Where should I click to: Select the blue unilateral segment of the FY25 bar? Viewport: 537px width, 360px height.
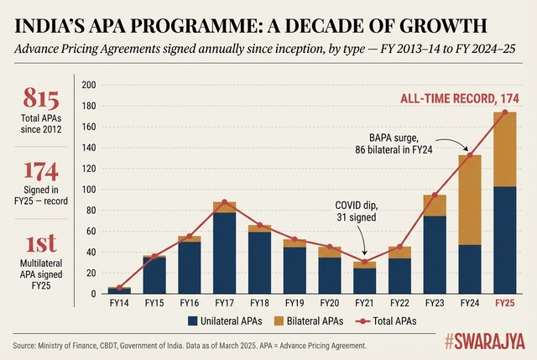[504, 240]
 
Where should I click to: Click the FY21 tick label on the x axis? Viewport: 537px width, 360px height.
[364, 303]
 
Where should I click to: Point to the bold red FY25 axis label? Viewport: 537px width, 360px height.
[504, 303]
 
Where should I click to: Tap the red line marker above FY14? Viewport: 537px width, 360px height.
[119, 288]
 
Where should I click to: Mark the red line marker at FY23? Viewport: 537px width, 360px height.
[435, 195]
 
